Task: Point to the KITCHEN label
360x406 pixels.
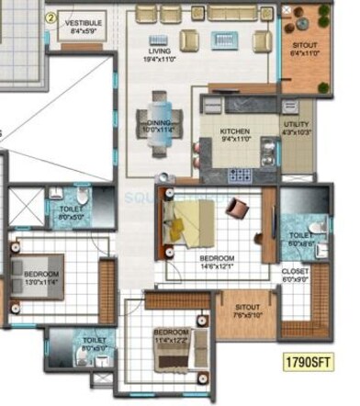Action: coord(234,131)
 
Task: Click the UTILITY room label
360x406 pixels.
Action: coord(297,124)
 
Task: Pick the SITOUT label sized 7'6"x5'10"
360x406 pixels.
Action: coord(246,308)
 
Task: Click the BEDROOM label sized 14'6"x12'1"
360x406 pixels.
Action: coord(217,259)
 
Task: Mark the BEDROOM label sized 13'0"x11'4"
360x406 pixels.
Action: coord(41,275)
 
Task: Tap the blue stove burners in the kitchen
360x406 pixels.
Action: coord(240,174)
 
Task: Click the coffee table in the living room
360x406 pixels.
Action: coord(225,40)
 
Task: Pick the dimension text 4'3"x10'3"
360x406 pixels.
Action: coord(297,133)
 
